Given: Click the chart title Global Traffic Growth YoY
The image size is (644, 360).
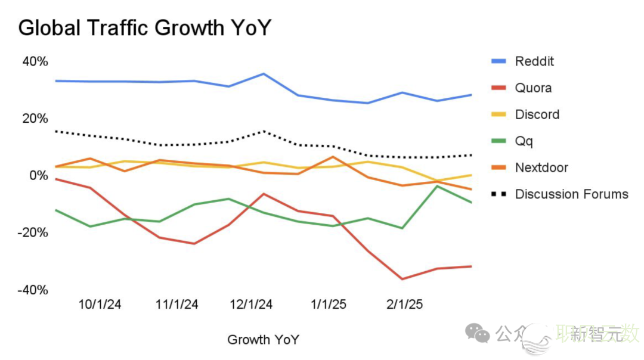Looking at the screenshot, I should click(x=145, y=27).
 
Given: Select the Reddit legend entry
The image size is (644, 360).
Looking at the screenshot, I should click(x=534, y=61).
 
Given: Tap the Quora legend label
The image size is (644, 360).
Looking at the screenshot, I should click(x=533, y=88).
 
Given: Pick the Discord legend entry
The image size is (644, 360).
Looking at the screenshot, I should click(x=537, y=114).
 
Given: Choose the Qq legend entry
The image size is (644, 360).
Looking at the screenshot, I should click(x=524, y=141).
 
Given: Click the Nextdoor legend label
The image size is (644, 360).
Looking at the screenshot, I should click(x=541, y=167).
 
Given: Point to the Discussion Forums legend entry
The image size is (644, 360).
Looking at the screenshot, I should click(x=571, y=194).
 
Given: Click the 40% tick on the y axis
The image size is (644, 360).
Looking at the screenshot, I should click(x=35, y=62).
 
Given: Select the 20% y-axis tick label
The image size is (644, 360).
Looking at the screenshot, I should click(x=35, y=119).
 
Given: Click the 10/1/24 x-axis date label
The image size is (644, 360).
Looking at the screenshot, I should click(x=100, y=305).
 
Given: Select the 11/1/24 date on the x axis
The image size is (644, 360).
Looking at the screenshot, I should click(x=177, y=305).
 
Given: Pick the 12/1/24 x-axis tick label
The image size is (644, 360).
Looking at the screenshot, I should click(x=251, y=305).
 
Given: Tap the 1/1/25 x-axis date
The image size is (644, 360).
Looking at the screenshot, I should click(x=329, y=305).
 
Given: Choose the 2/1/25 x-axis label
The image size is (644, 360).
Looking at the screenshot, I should click(x=405, y=305).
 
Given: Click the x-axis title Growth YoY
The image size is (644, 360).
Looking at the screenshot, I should click(x=263, y=340).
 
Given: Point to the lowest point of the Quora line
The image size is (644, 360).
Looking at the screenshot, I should click(x=402, y=279).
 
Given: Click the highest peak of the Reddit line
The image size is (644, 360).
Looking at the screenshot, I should click(x=264, y=74).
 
